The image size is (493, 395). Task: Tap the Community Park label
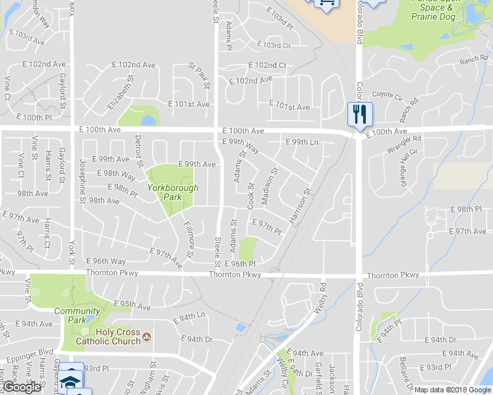coord(77,315)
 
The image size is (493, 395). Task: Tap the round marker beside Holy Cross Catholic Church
coord(147,338)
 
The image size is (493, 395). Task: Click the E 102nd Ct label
coord(268,66)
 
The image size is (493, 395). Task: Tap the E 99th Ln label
coord(302,142)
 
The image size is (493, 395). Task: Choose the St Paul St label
coord(199,76)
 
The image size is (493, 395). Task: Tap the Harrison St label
coord(299,205)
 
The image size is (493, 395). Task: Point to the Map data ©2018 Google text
coord(452,390)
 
